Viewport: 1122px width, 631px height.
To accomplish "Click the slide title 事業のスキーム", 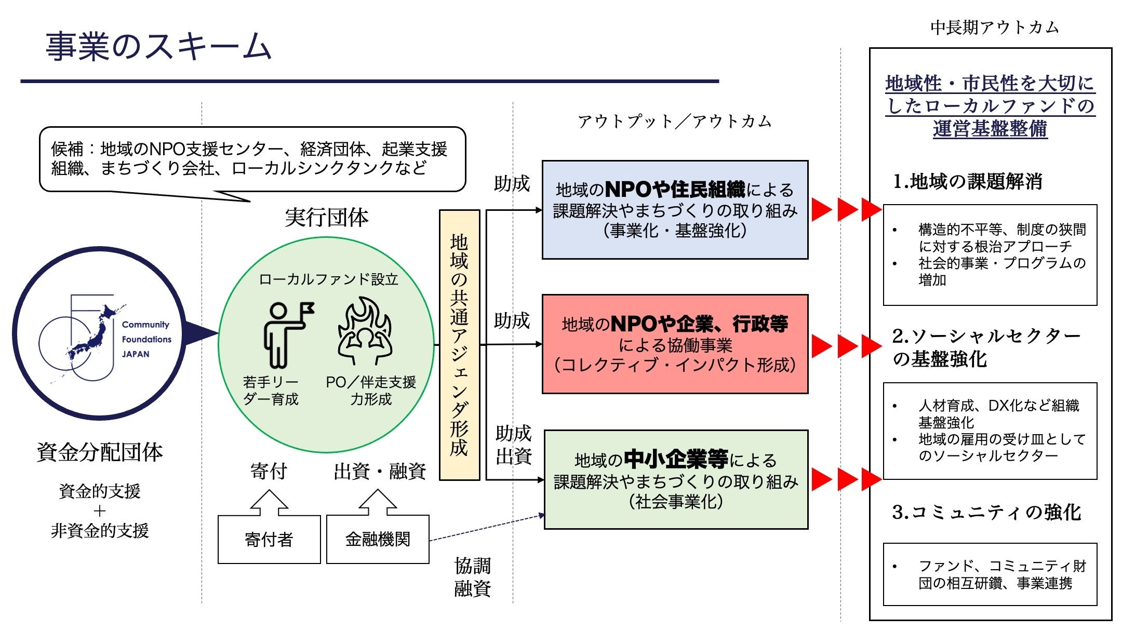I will coord(158,47).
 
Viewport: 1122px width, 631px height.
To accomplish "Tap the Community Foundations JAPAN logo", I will coord(99,333).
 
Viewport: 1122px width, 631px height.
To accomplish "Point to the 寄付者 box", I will coord(269,540).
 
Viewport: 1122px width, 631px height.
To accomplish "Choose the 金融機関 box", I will coord(378,540).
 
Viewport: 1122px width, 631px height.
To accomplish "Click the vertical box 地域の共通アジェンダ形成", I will coord(459,345).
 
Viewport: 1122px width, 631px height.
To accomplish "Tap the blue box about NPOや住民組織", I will coord(675,210).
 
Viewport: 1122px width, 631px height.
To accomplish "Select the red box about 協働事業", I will coord(675,344).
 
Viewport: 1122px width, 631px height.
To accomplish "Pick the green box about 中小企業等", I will coord(676,480).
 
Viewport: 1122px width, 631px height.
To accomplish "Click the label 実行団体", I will coord(327,217).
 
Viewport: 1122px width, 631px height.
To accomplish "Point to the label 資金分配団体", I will coord(100,452).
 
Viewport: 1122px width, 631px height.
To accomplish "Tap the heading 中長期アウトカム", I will coord(994,28).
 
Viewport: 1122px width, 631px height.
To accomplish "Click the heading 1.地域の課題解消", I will coord(967,181).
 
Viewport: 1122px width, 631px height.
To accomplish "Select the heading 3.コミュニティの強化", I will coord(986,512).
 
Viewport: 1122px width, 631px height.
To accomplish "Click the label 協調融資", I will coord(472,577).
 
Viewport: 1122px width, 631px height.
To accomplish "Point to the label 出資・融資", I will coord(380,472).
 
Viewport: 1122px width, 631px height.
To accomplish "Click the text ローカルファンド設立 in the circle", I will coord(328,279).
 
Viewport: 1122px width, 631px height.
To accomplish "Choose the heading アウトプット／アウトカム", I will coord(674,122).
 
